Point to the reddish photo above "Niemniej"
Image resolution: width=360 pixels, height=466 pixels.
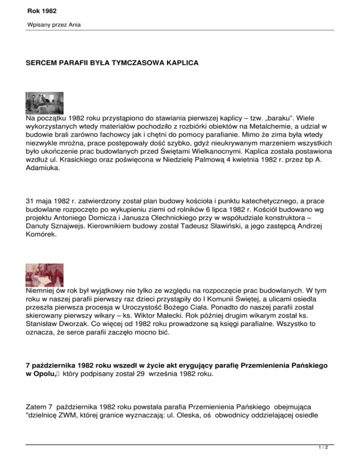pos(44,275)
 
